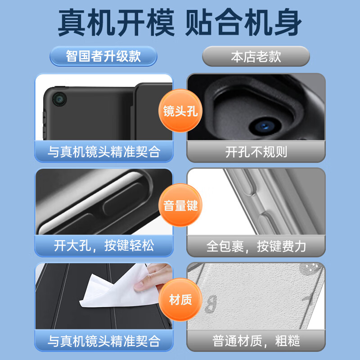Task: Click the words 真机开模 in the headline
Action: point(116,23)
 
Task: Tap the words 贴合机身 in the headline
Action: point(243,23)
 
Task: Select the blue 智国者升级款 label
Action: point(103,56)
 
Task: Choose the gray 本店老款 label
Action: point(256,56)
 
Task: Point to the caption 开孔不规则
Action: point(256,152)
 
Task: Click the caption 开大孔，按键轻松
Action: point(103,246)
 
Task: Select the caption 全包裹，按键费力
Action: point(256,246)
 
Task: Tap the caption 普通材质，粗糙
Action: point(256,341)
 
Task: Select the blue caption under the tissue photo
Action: point(103,341)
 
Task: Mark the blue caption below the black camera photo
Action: point(103,152)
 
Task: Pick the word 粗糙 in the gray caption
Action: point(288,341)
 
